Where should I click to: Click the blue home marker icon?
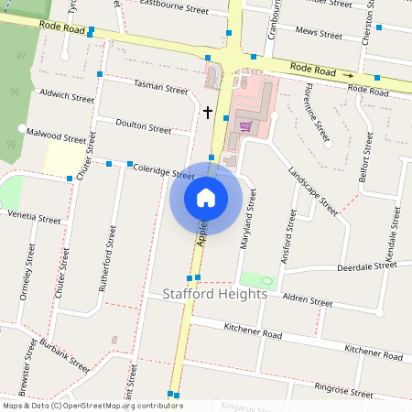click(x=206, y=197)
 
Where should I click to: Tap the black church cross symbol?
click(x=208, y=113)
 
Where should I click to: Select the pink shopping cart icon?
click(x=244, y=125)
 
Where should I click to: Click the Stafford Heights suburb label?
click(x=215, y=294)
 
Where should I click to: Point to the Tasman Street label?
click(x=160, y=88)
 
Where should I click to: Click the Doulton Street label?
click(x=144, y=126)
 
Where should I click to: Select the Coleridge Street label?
click(x=163, y=171)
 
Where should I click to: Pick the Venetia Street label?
click(x=34, y=217)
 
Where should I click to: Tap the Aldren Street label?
click(x=308, y=300)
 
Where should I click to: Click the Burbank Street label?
click(x=64, y=355)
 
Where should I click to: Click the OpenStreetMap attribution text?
click(x=92, y=405)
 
